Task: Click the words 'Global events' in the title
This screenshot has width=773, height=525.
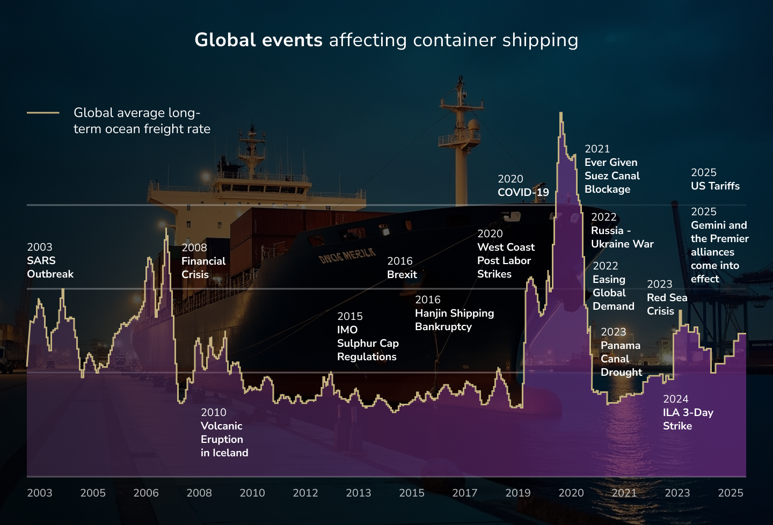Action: [x=258, y=40]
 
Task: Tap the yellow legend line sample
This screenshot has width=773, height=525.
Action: [x=43, y=113]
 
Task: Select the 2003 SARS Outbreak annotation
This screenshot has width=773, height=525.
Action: [x=50, y=261]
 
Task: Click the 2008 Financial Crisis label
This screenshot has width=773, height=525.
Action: [x=203, y=261]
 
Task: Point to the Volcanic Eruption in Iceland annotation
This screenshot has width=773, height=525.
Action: [x=224, y=433]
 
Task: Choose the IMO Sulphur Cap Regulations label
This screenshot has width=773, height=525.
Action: [x=367, y=337]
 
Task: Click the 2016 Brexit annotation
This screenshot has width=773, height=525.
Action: [x=402, y=268]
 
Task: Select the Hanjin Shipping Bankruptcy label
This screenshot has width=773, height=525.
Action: [x=454, y=313]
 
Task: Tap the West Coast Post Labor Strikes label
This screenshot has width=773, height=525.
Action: [x=506, y=254]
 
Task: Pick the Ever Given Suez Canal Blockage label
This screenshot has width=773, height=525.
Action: [x=611, y=170]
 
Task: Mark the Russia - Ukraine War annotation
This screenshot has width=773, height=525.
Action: [x=622, y=231]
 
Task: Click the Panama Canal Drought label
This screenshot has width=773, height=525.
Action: [x=621, y=352]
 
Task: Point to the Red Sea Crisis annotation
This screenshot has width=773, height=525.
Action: [x=667, y=298]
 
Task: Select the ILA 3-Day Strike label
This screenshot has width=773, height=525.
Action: [x=688, y=413]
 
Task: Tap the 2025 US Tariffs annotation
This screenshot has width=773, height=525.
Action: [x=714, y=180]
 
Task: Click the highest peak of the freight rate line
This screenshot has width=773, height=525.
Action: [x=561, y=114]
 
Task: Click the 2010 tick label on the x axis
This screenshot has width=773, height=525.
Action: [x=252, y=493]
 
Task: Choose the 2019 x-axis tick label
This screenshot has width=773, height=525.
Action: [x=517, y=493]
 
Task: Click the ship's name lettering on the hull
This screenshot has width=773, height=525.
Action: [x=347, y=256]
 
